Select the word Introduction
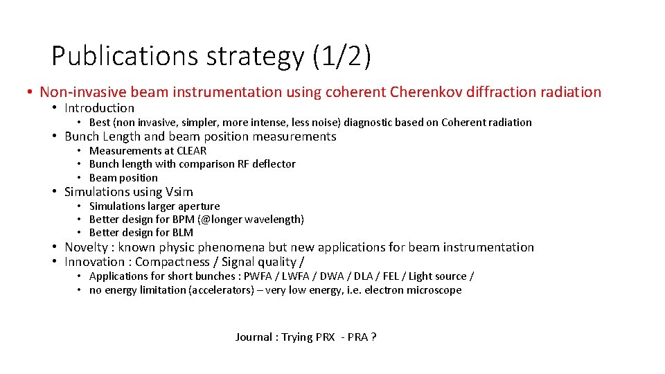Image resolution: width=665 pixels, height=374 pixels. tap(99, 108)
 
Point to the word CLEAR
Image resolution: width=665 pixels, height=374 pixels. tap(191, 151)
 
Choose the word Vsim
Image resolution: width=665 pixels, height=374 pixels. tap(179, 192)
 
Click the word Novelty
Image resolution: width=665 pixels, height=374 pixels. tap(87, 247)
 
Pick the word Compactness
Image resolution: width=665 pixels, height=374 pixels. tap(172, 262)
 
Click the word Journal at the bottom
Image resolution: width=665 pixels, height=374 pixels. tap(254, 337)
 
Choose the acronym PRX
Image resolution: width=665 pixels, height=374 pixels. tap(324, 337)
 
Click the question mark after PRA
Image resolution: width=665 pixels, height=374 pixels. tap(373, 337)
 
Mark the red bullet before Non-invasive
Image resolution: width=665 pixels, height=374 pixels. tap(30, 93)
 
